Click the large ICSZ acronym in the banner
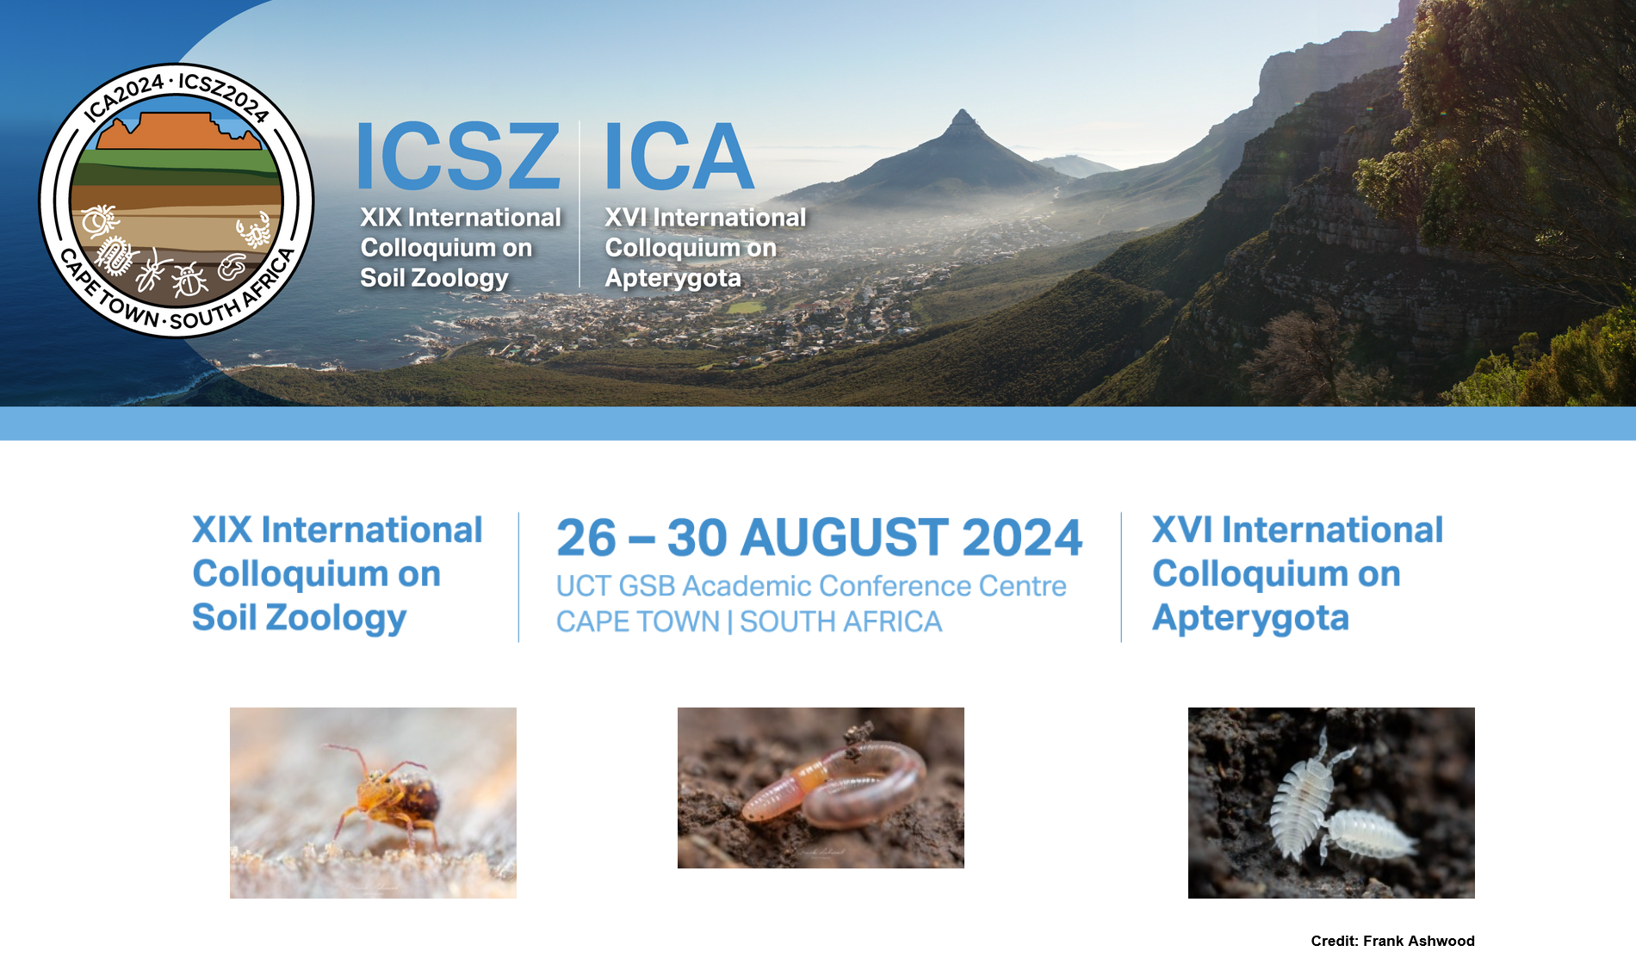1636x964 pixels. point(458,156)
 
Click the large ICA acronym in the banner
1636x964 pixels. point(679,156)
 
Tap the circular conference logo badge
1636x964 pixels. point(177,201)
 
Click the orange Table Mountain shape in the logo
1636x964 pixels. point(179,132)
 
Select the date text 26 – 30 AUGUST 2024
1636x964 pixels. point(819,538)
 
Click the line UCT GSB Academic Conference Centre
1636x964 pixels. point(811,586)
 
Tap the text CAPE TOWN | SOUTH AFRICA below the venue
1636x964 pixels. point(749,621)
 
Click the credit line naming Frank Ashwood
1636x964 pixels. point(1392,941)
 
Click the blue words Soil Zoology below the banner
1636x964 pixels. point(299,618)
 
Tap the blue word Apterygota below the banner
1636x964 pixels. point(1250,618)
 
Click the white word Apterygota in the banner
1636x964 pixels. point(672,278)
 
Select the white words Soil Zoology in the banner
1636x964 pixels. point(434,278)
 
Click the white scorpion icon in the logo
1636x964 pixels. point(254,231)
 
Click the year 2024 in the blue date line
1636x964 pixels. point(1022,538)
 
